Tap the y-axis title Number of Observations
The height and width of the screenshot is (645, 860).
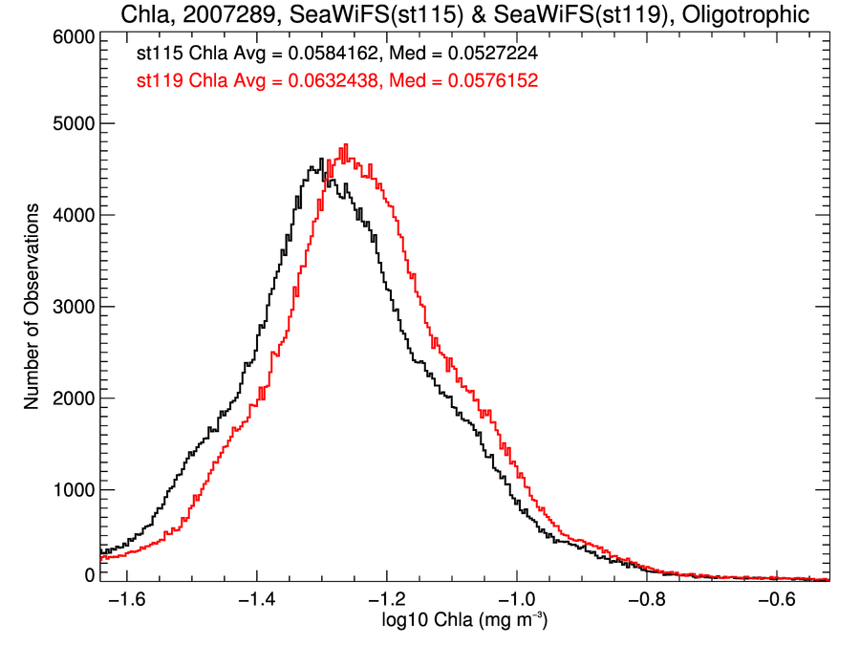click(x=32, y=306)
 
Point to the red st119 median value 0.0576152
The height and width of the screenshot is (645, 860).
click(x=486, y=82)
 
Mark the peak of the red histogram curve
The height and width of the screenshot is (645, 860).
click(x=345, y=145)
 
